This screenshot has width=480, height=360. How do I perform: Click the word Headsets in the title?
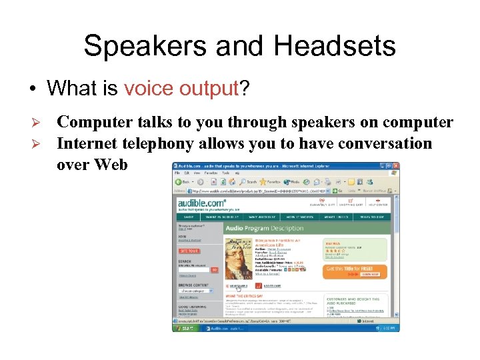[x=334, y=47]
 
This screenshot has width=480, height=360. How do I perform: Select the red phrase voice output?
[x=181, y=88]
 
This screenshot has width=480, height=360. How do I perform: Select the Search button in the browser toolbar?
[x=248, y=181]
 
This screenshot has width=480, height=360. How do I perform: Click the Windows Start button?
[x=185, y=327]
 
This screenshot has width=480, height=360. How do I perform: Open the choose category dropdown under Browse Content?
[x=195, y=291]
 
